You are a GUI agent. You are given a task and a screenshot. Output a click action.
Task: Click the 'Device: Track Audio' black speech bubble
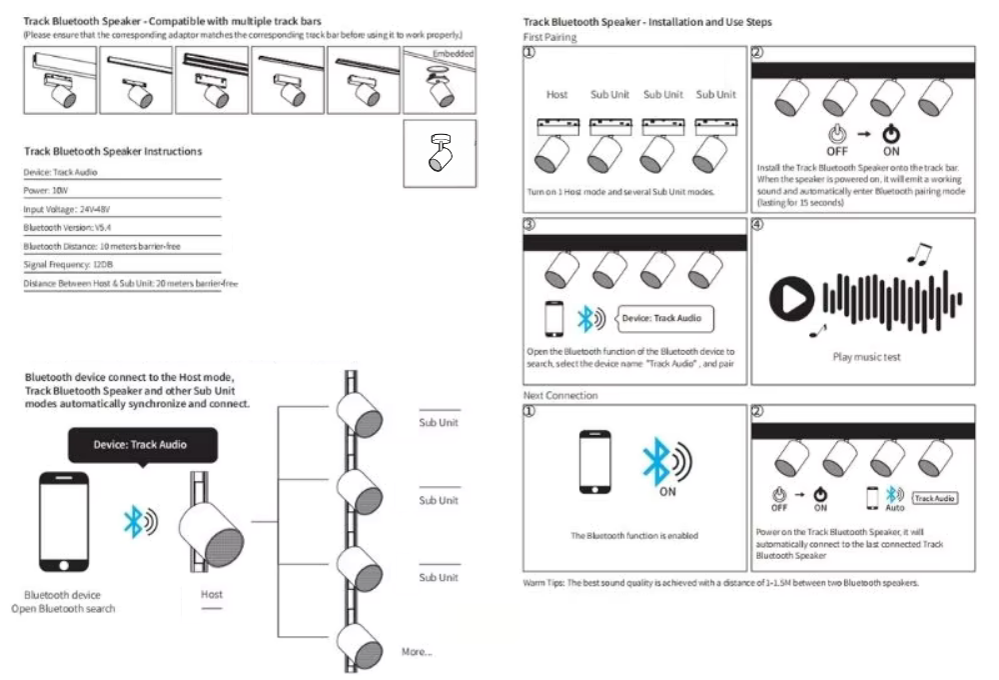point(140,444)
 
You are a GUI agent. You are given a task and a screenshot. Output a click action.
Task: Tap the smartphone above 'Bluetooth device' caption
point(62,521)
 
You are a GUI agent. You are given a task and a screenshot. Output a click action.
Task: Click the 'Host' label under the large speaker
point(212,594)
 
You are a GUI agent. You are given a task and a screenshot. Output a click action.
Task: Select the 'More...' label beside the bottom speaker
point(417,652)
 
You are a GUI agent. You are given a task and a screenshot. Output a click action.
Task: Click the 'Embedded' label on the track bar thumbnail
point(454,52)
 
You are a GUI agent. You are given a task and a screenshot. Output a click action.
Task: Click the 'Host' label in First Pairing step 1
point(556,95)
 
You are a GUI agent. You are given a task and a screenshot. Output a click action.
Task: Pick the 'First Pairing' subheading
point(549,37)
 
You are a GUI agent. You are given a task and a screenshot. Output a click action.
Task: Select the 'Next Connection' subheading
point(560,396)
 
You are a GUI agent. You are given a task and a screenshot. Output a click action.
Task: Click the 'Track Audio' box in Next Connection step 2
point(935,497)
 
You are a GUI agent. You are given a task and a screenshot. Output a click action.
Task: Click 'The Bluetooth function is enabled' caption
point(633,536)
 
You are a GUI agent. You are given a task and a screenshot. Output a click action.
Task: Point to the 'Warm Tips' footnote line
point(720,583)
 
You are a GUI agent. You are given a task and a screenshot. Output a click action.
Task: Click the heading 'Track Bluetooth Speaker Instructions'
point(113,151)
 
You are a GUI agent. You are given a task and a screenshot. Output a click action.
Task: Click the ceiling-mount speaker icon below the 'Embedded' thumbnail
point(440,152)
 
